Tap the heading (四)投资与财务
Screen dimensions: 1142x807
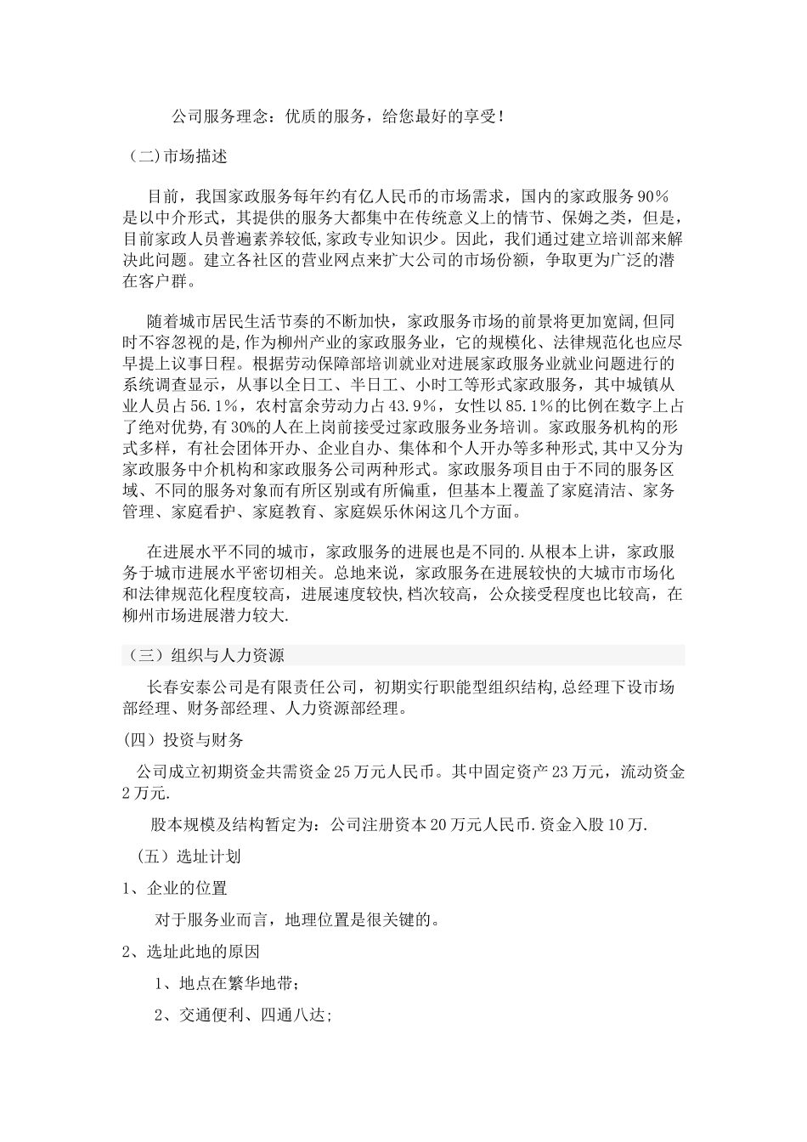coord(183,740)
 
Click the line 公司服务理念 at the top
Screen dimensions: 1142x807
coord(337,116)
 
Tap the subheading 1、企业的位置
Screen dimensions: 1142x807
coord(175,888)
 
